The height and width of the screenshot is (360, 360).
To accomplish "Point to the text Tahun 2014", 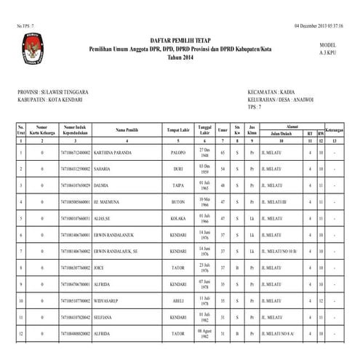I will tap(180, 57).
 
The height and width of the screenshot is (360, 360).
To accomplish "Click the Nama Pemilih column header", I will tap(127, 129).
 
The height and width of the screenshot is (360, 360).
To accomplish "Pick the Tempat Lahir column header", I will tap(180, 129).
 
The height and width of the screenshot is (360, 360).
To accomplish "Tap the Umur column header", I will tap(223, 129).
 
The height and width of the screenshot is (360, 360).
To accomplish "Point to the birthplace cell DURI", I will tap(180, 169).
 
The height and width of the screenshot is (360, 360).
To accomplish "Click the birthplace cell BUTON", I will tap(180, 201).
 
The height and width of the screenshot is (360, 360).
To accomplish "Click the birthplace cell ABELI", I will tap(180, 300).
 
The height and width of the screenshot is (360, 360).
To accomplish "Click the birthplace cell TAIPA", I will tap(180, 185).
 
